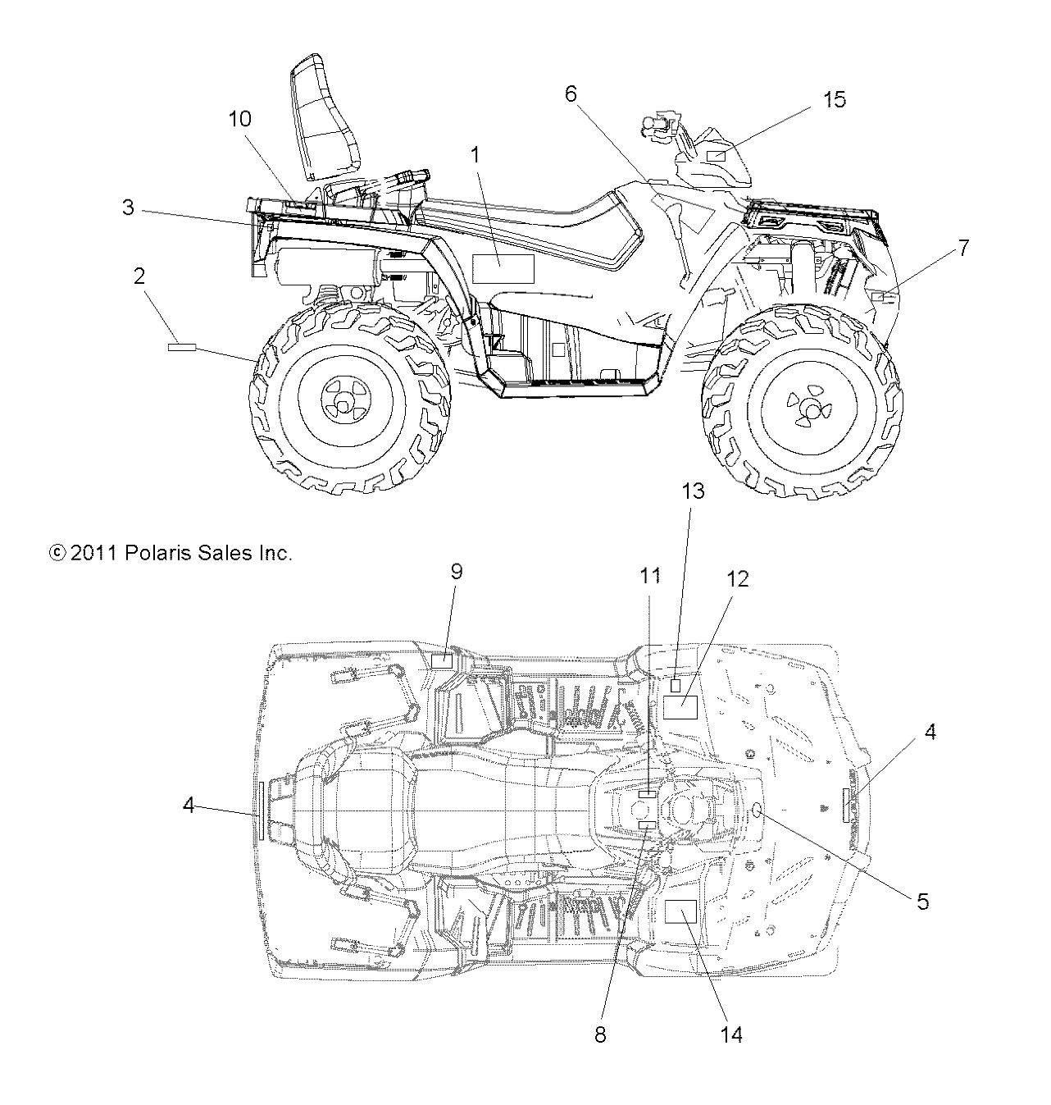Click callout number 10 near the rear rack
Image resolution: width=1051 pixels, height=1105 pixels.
coord(239,119)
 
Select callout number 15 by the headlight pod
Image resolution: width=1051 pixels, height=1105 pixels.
coord(834,100)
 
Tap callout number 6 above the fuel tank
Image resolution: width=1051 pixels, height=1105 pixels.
coord(571,94)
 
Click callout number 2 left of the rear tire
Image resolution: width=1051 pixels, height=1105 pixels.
coord(140,276)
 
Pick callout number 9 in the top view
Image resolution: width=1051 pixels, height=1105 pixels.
coord(457,571)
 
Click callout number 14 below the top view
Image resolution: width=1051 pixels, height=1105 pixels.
coord(731,1034)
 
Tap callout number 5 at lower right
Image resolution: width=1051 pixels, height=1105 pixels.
coord(922,902)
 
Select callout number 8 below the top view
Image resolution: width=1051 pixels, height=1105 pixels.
coord(600,1034)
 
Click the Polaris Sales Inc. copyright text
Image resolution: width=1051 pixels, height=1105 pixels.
coord(171,554)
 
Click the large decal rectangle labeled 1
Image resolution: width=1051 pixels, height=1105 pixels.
coord(503,268)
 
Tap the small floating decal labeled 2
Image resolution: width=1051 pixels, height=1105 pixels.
coord(182,348)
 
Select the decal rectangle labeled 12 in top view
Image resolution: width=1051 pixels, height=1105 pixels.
coord(680,706)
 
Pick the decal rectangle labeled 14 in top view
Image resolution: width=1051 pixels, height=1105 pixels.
coord(680,911)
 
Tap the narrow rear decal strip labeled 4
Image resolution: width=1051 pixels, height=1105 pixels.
coord(261,810)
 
